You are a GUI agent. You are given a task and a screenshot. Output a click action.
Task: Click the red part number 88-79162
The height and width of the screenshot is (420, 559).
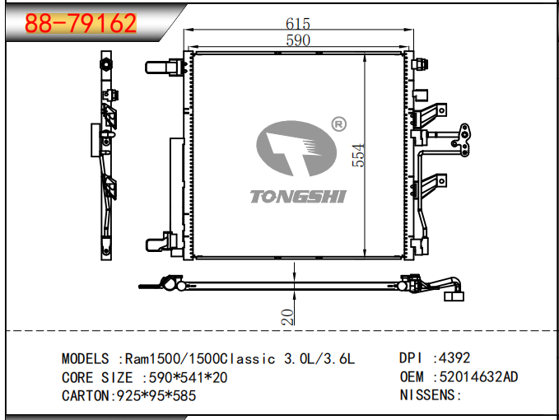[81, 24]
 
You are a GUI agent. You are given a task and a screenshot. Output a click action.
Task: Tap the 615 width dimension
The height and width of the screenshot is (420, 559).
[298, 24]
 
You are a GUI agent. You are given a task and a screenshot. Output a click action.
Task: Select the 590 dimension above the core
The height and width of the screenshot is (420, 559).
[298, 40]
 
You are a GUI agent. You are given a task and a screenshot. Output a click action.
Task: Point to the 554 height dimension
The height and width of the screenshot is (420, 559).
[358, 155]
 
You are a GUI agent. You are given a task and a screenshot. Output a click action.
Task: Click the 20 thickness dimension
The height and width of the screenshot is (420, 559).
[287, 317]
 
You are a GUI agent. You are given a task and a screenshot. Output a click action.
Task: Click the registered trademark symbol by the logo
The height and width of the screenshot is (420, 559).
[338, 124]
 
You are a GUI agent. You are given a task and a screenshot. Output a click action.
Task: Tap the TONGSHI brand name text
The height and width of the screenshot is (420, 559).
[298, 197]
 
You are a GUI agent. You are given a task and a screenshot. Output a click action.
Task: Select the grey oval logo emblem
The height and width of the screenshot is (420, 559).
[296, 148]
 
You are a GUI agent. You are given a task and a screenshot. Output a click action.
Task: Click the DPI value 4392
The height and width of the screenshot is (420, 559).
[454, 358]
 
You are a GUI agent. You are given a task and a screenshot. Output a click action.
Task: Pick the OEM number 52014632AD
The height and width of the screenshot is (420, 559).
[478, 377]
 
